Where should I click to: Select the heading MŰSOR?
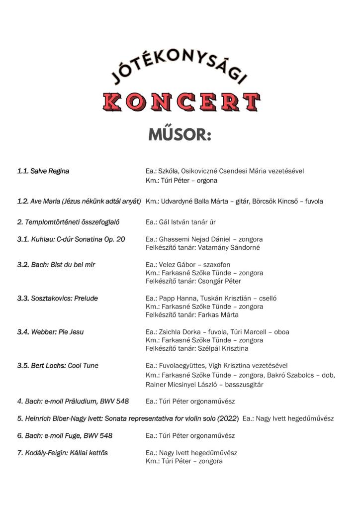click(180, 135)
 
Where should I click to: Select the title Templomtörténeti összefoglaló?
click(75, 222)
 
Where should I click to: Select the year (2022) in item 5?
click(226, 418)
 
